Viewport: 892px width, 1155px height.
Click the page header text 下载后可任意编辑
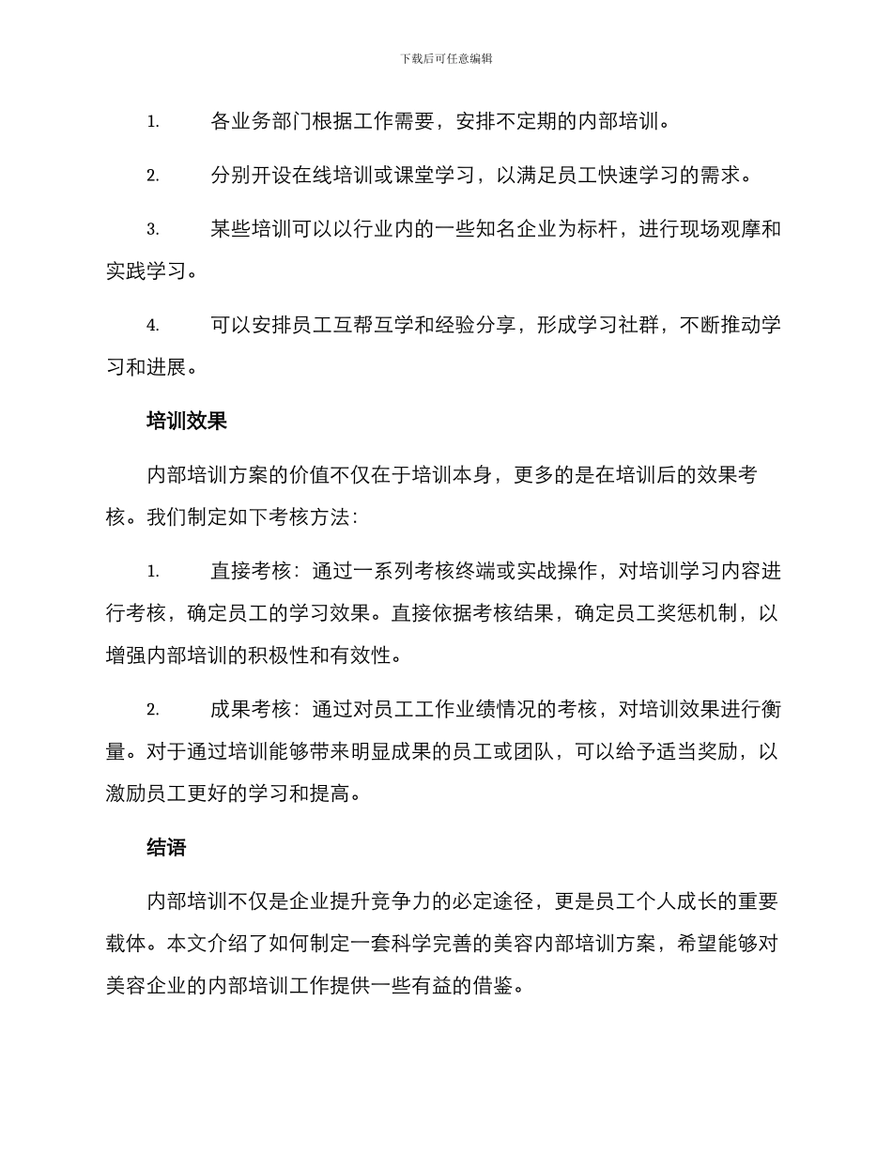(x=446, y=58)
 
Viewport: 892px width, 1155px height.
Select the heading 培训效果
(x=187, y=421)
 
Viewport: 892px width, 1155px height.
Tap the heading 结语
(x=166, y=848)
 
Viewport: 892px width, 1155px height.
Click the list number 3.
(x=152, y=229)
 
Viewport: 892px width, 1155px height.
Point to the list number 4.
(x=152, y=326)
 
